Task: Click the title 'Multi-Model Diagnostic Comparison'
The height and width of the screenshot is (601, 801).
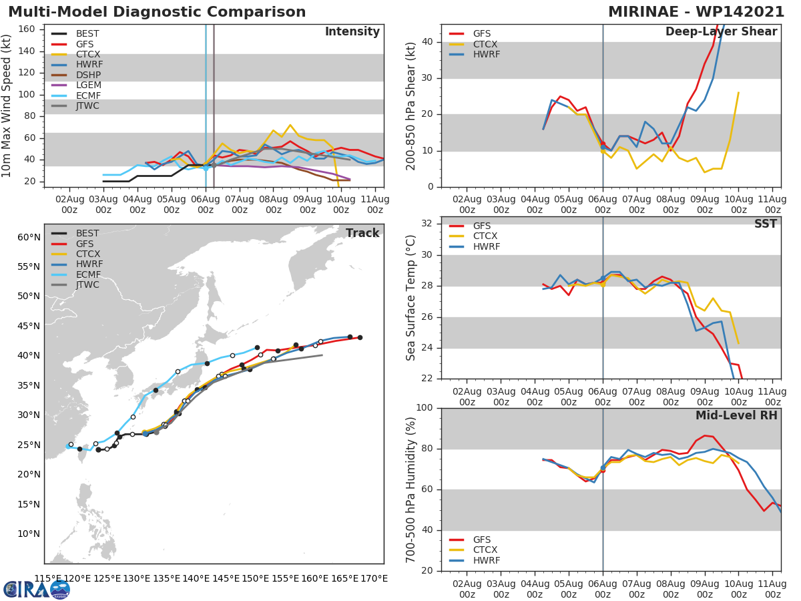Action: tap(157, 12)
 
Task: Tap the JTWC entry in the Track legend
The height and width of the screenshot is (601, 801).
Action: tap(87, 284)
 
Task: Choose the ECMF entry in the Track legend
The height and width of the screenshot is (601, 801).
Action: tap(87, 274)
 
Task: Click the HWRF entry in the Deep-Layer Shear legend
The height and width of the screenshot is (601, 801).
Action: tap(486, 54)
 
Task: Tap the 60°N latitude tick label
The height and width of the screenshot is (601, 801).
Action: tap(28, 237)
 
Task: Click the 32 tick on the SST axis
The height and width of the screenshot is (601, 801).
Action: tap(426, 224)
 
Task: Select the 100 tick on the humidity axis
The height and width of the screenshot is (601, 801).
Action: tap(423, 408)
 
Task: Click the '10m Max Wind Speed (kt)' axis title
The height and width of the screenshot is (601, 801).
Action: tap(7, 107)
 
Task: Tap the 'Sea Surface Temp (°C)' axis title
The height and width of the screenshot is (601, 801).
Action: tap(411, 298)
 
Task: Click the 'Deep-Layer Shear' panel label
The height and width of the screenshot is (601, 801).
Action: tap(721, 32)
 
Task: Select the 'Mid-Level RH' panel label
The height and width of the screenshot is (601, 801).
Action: tap(736, 415)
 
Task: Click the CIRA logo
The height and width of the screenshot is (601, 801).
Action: tap(37, 589)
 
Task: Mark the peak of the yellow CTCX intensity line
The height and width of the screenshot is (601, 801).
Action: tap(290, 125)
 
